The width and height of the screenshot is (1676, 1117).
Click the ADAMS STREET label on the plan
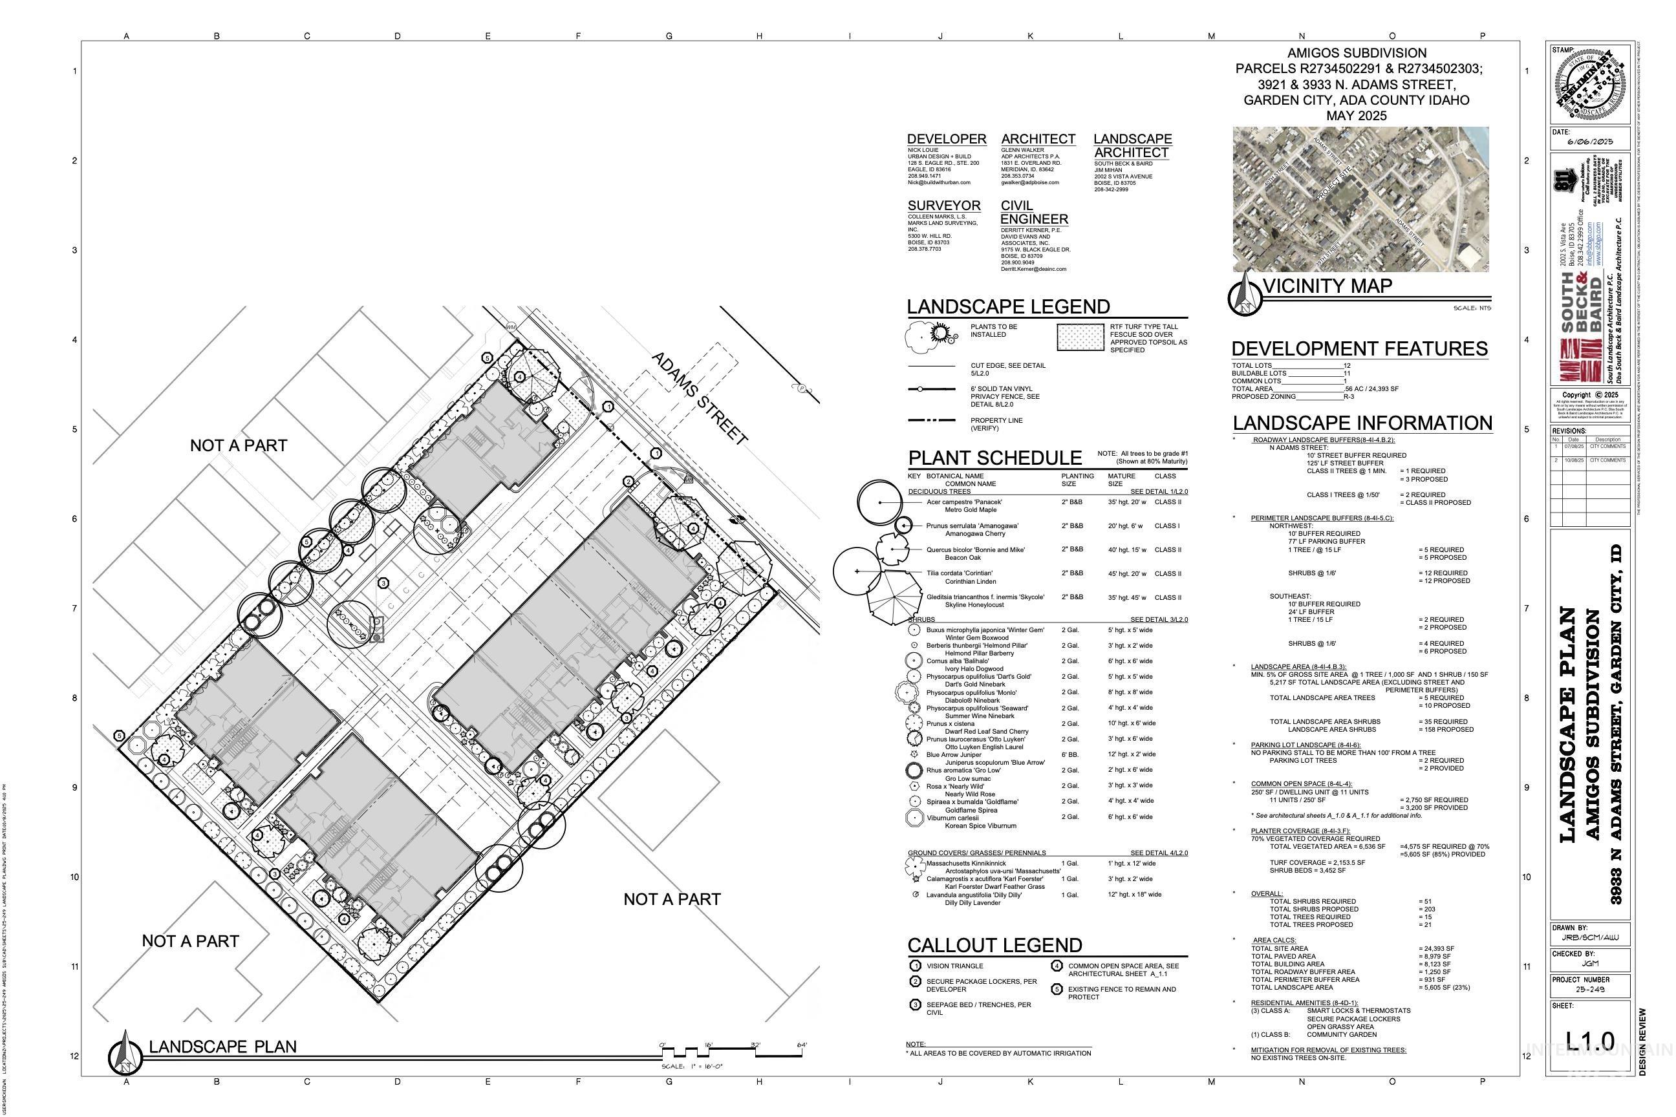coord(700,399)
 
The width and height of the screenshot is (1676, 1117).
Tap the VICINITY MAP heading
coord(1327,286)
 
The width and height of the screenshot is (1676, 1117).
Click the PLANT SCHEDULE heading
coord(994,458)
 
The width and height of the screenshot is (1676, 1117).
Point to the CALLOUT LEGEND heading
coord(994,945)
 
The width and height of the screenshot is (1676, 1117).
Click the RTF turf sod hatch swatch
coord(1080,337)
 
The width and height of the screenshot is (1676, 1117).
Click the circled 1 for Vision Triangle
coord(916,966)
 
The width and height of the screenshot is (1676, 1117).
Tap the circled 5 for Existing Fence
coord(1057,990)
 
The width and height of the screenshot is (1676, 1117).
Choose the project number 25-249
coord(1591,990)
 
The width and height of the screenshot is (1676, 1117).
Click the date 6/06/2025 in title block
coord(1590,142)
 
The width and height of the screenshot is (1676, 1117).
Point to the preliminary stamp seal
coord(1590,84)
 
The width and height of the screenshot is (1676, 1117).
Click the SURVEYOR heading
coord(943,206)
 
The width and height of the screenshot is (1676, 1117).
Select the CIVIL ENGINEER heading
coord(1034,212)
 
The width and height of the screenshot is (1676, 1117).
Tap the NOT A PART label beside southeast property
coord(671,899)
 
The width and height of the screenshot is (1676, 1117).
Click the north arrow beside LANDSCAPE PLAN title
coord(125,1052)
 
